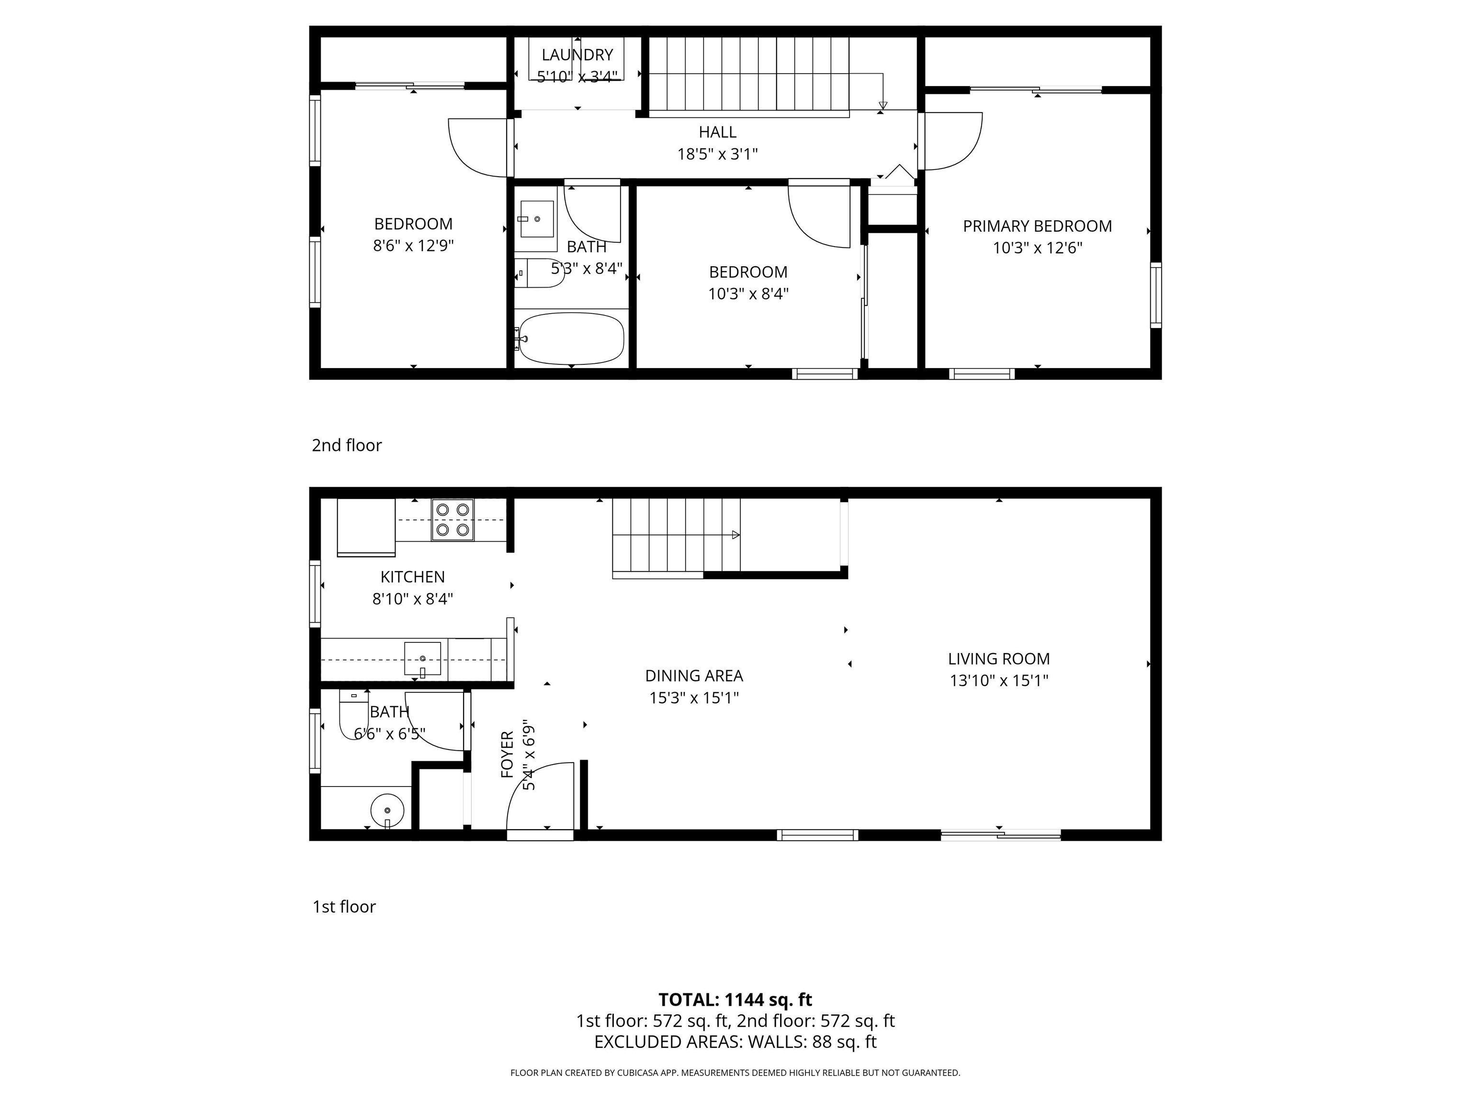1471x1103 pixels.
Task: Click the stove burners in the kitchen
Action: coord(452,519)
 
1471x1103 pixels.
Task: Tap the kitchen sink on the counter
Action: coord(422,658)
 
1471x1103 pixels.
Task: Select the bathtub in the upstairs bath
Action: coord(571,338)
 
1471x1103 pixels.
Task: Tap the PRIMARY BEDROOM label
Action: coord(1037,226)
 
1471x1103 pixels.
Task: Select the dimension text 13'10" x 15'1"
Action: coord(999,680)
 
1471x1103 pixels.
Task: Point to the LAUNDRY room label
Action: coord(577,55)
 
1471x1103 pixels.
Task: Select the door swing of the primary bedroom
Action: coord(951,141)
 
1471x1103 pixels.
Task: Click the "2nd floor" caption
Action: coord(347,445)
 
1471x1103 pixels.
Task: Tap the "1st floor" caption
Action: coord(344,906)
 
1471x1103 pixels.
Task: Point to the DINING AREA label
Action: coord(694,675)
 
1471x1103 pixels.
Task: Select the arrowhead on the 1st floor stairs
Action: coord(735,535)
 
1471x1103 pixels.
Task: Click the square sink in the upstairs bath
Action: coord(536,219)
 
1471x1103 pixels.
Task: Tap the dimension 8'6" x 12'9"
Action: coord(413,245)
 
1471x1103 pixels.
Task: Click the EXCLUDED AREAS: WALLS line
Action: coord(735,1042)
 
